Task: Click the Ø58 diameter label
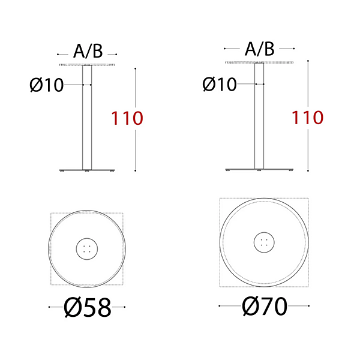tap(88, 307)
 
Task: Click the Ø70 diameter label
tap(265, 306)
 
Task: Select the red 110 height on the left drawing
tap(127, 118)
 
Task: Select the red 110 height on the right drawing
tap(307, 118)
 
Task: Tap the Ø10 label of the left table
tap(47, 85)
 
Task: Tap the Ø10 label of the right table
tap(220, 84)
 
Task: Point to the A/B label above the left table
tap(88, 51)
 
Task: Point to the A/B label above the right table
tap(259, 49)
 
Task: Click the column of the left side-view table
tap(87, 118)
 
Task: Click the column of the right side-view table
tap(259, 116)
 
